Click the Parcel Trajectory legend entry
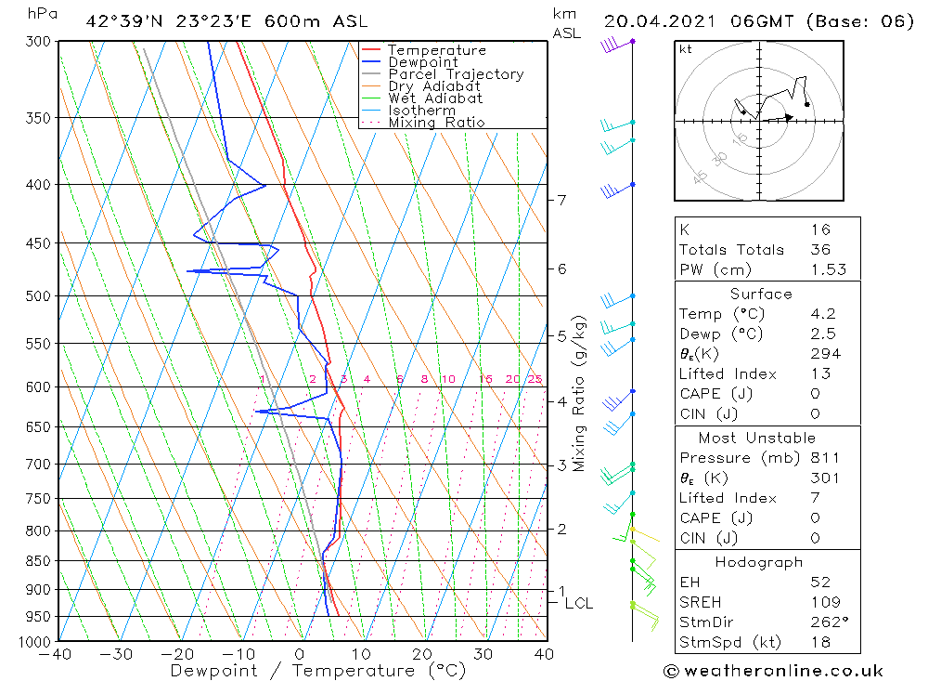coord(456,74)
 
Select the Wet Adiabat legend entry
coord(435,98)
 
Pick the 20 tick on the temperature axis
coord(422,654)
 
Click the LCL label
coord(578,604)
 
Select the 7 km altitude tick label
coord(561,200)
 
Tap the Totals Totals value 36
coord(820,250)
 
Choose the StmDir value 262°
coord(825,622)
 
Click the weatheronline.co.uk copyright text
coord(774,671)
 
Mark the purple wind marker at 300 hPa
coord(633,42)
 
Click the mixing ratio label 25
coord(535,379)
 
